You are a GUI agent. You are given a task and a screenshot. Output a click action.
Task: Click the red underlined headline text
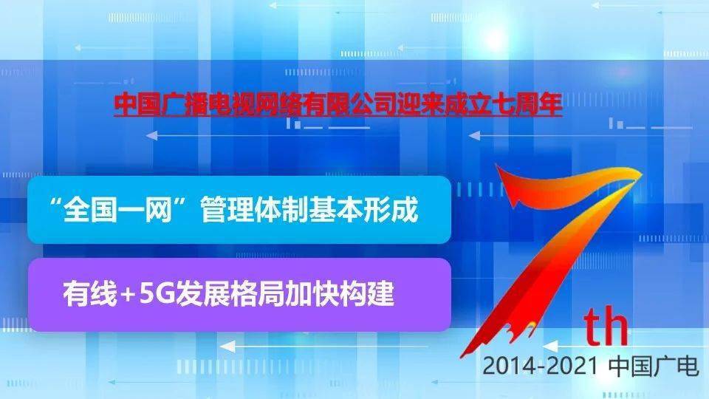(338, 104)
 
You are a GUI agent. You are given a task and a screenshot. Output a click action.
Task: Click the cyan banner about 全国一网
(239, 209)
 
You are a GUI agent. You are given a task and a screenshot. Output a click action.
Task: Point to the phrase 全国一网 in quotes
(118, 209)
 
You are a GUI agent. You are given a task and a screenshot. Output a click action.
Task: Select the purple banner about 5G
(239, 295)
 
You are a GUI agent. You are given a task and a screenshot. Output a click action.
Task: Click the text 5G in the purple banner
(157, 295)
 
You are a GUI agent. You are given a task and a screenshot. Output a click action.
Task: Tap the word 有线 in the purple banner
(90, 294)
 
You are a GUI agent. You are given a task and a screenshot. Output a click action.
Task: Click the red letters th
(606, 326)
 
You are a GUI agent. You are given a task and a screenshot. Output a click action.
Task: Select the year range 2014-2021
(541, 366)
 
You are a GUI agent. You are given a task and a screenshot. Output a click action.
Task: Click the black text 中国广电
(654, 366)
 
